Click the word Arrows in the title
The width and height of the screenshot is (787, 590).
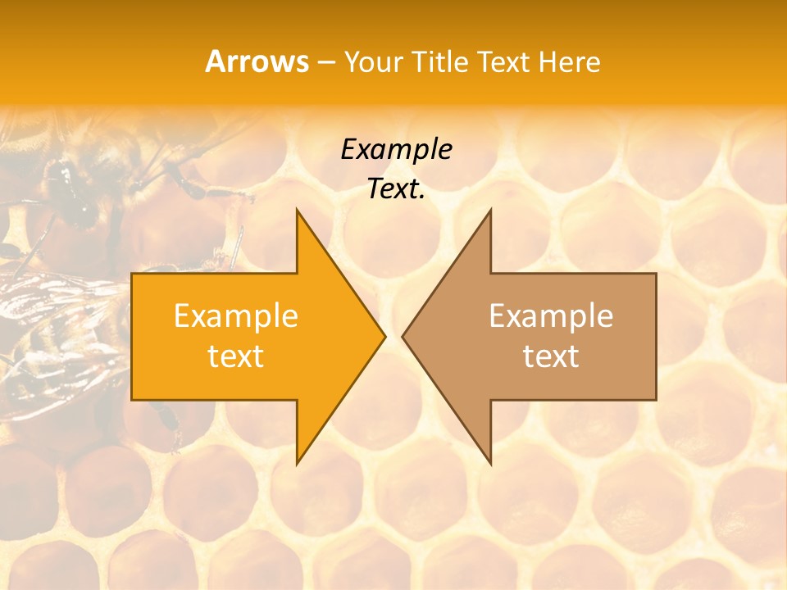pyautogui.click(x=257, y=61)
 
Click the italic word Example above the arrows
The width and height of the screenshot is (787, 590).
pyautogui.click(x=396, y=150)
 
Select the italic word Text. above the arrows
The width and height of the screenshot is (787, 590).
pyautogui.click(x=396, y=189)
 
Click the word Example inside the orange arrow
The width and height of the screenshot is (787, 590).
pyautogui.click(x=235, y=316)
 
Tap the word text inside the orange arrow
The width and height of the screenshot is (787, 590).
pyautogui.click(x=235, y=356)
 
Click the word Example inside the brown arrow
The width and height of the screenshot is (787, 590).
pyautogui.click(x=551, y=316)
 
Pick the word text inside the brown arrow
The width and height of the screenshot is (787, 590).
pyautogui.click(x=551, y=356)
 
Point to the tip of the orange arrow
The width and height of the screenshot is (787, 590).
pyautogui.click(x=385, y=336)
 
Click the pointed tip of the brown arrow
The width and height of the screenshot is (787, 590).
pyautogui.click(x=403, y=336)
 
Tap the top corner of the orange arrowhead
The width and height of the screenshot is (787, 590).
pyautogui.click(x=297, y=209)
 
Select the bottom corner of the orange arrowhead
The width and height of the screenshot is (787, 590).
pyautogui.click(x=297, y=465)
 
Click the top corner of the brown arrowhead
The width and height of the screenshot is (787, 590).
pyautogui.click(x=491, y=209)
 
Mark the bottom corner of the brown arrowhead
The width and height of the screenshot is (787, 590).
pyautogui.click(x=491, y=465)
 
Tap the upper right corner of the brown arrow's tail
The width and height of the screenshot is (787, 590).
pyautogui.click(x=656, y=274)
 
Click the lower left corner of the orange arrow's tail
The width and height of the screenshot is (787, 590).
pyautogui.click(x=132, y=400)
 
